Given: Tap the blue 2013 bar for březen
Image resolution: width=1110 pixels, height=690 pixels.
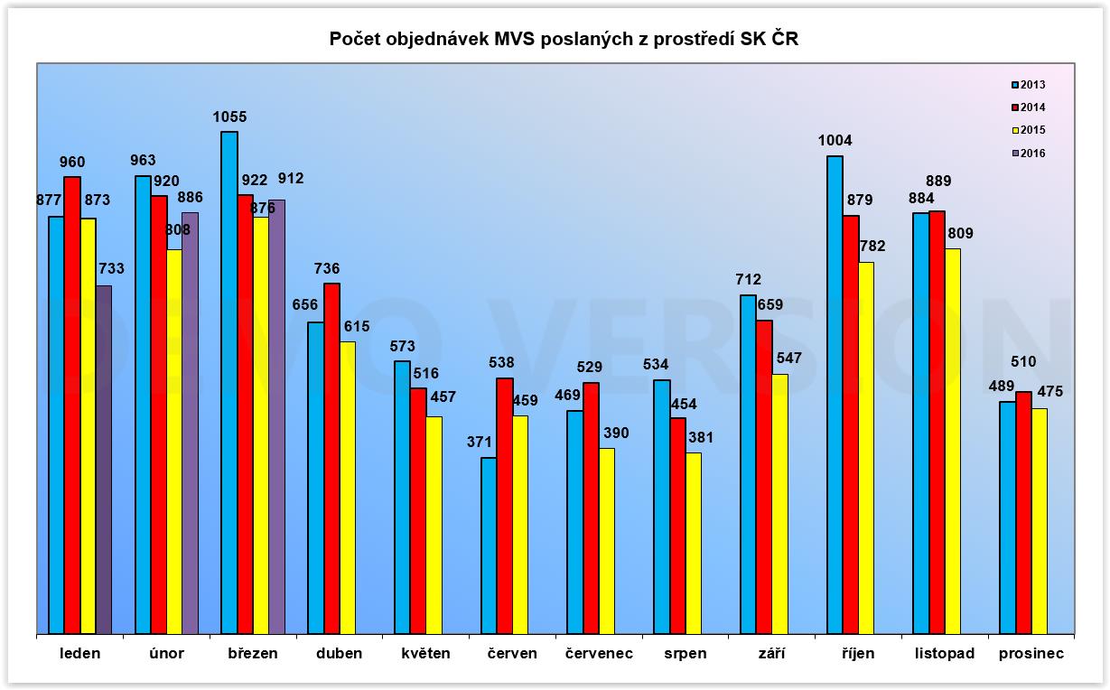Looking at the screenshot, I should click(x=229, y=383).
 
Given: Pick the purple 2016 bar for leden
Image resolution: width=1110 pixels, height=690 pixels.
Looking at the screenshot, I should click(x=104, y=460).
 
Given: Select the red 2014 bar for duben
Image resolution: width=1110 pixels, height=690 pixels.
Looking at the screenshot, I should click(x=332, y=459).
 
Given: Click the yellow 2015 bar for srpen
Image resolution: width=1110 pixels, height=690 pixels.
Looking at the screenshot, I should click(x=694, y=543).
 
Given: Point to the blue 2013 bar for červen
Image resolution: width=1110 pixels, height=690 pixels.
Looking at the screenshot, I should click(x=489, y=545).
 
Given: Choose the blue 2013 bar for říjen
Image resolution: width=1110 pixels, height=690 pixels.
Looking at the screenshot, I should click(x=835, y=395).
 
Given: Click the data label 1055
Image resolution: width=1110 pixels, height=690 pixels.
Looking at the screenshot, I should click(x=229, y=117).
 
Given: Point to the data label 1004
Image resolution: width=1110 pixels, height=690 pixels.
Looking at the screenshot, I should click(x=835, y=140).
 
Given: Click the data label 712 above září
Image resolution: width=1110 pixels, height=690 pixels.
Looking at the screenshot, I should click(x=749, y=279).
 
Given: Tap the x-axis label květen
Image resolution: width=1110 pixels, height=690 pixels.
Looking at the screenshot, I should click(x=425, y=653).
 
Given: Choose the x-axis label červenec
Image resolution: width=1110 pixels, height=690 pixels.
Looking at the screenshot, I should click(x=600, y=653).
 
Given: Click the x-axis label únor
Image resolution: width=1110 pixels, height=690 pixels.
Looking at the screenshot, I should click(x=166, y=653).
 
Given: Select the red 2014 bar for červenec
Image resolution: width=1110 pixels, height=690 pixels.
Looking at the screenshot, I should click(x=592, y=508).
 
